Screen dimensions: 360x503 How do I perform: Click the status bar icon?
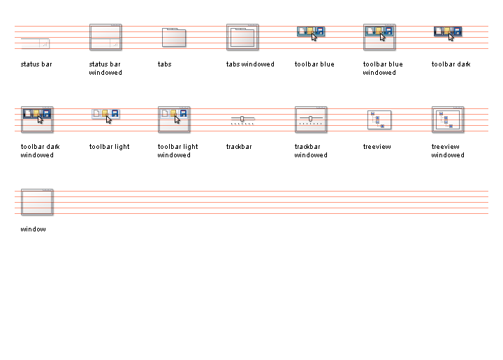[35, 43]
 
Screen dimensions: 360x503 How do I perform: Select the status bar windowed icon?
[105, 37]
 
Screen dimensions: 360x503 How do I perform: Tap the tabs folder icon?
[174, 38]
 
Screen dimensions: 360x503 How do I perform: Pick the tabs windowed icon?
[242, 37]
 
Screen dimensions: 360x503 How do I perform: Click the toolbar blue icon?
[311, 32]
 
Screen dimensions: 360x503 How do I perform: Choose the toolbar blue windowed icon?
[379, 37]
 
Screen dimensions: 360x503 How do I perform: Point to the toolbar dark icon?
[448, 32]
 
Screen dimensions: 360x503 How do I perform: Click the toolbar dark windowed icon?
[37, 120]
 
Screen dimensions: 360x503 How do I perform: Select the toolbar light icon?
[105, 114]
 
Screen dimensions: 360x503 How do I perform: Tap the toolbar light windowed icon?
[174, 120]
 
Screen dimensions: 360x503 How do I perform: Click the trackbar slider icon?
[242, 120]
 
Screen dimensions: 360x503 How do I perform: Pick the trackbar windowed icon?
[311, 120]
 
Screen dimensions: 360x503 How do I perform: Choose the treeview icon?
[379, 120]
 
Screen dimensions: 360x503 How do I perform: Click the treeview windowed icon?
[448, 120]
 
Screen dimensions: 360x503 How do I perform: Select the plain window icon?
[37, 202]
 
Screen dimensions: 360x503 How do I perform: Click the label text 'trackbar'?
[239, 147]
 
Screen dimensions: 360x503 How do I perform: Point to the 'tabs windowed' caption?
[250, 64]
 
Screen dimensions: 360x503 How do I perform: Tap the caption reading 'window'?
[34, 229]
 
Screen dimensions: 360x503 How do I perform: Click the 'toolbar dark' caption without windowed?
[451, 64]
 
